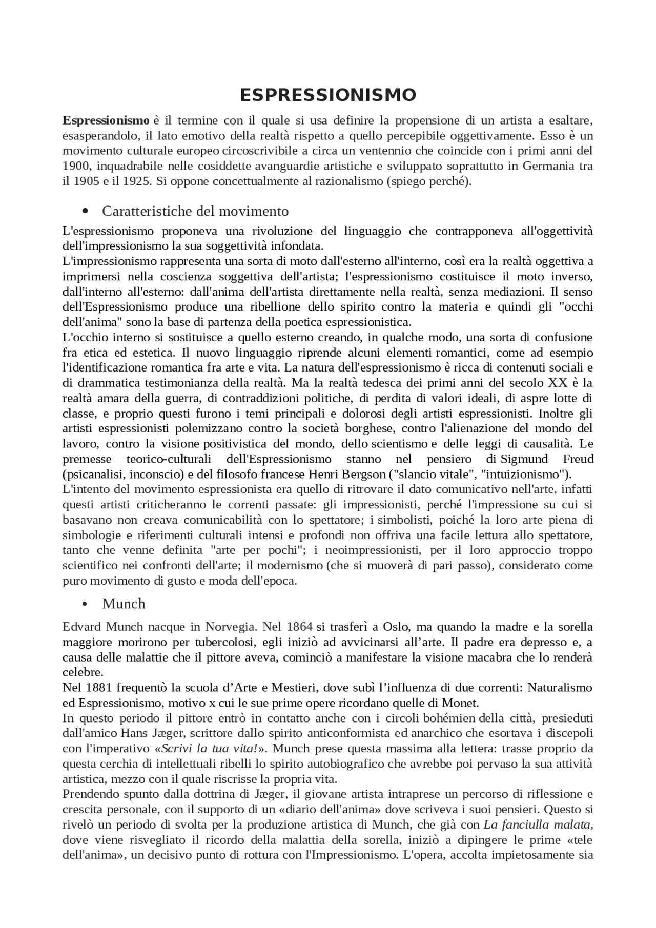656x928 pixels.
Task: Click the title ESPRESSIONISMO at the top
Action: pyautogui.click(x=328, y=95)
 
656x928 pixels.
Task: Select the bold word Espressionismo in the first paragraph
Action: pyautogui.click(x=106, y=121)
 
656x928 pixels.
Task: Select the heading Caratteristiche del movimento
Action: pyautogui.click(x=195, y=211)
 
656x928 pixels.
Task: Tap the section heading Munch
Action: pyautogui.click(x=124, y=604)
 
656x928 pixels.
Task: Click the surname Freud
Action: pyautogui.click(x=578, y=459)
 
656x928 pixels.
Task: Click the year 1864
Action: pyautogui.click(x=299, y=627)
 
